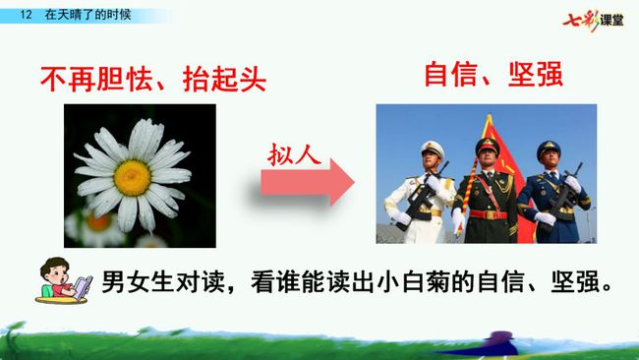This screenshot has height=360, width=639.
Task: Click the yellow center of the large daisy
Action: pyautogui.click(x=133, y=178)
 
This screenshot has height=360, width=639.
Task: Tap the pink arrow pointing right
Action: pyautogui.click(x=308, y=182)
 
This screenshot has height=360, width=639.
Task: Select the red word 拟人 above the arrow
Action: pyautogui.click(x=294, y=155)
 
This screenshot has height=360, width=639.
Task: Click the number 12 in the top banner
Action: pyautogui.click(x=26, y=15)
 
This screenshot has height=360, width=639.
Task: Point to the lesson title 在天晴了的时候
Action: pyautogui.click(x=88, y=15)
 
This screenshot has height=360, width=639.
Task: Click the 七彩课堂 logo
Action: pyautogui.click(x=593, y=20)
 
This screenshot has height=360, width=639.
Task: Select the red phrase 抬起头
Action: pyautogui.click(x=224, y=79)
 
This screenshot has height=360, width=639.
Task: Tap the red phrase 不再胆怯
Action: pyautogui.click(x=96, y=79)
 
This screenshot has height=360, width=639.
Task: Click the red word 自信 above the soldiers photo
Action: pyautogui.click(x=450, y=74)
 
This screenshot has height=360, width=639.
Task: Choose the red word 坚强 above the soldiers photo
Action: pyautogui.click(x=536, y=74)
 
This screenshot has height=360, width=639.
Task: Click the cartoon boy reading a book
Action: pyautogui.click(x=64, y=280)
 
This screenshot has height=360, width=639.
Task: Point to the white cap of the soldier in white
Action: pyautogui.click(x=433, y=148)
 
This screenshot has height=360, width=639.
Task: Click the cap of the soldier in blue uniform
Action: pyautogui.click(x=549, y=149)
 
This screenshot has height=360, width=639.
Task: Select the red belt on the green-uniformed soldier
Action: pyautogui.click(x=488, y=214)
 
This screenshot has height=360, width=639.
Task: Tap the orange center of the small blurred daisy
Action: pyautogui.click(x=97, y=222)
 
